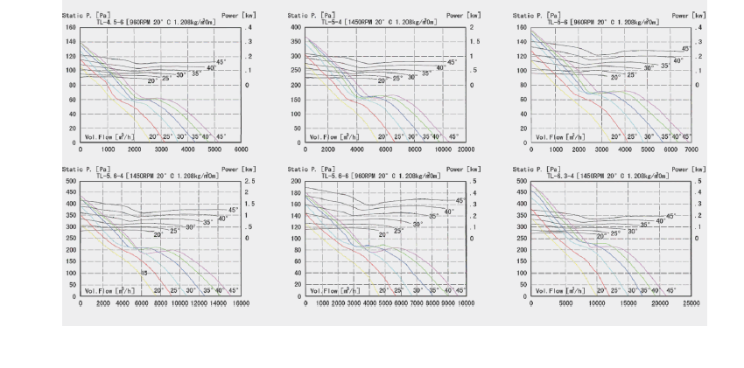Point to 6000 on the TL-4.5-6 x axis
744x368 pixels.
[242, 149]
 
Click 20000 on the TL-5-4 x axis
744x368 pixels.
[466, 149]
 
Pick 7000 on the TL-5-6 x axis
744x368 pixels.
[691, 149]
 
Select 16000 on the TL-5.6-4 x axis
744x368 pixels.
[242, 302]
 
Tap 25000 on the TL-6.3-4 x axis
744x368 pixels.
[691, 302]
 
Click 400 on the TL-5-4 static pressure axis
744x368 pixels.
[294, 27]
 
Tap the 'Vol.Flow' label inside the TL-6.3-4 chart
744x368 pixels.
[557, 289]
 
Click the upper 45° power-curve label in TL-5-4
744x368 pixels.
[452, 61]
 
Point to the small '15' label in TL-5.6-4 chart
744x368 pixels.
[144, 274]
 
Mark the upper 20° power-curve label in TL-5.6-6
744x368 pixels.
[383, 234]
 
